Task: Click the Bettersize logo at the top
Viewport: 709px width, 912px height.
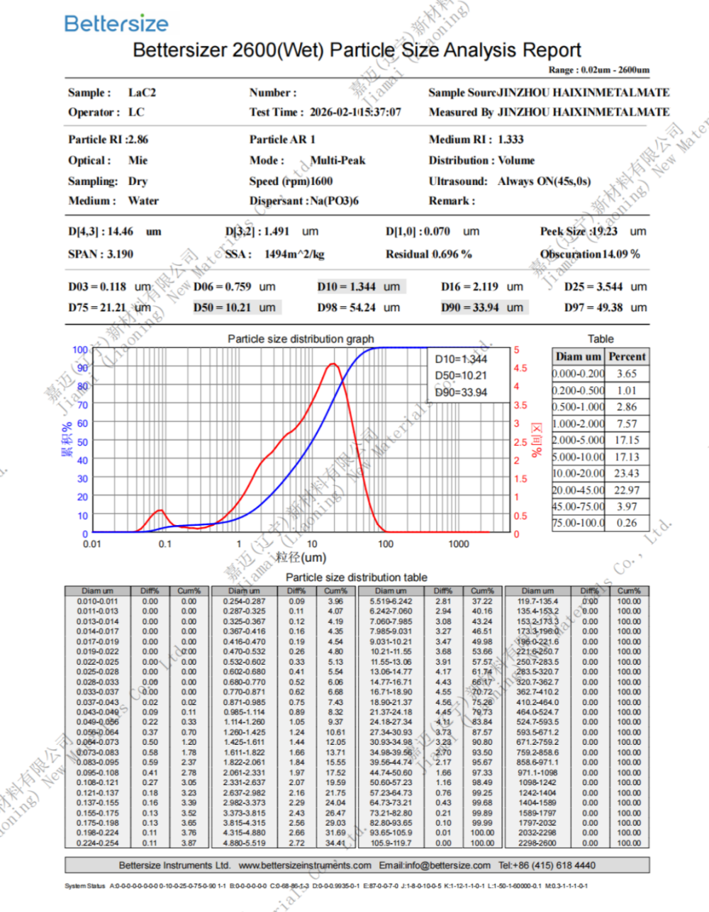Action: [x=116, y=23]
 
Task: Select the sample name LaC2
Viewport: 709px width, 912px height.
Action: [x=142, y=92]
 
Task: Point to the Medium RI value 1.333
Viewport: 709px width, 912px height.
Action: [x=510, y=140]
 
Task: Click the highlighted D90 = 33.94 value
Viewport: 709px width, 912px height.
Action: [x=482, y=308]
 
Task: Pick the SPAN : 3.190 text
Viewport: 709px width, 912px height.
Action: [x=101, y=254]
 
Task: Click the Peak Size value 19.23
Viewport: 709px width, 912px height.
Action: [x=604, y=231]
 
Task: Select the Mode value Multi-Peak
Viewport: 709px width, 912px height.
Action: [x=338, y=160]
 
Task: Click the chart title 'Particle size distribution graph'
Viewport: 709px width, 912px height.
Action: [x=301, y=339]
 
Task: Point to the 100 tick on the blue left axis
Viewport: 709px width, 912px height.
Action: [x=80, y=349]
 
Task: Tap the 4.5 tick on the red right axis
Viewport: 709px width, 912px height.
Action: [x=520, y=368]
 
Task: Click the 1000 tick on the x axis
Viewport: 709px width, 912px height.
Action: [x=458, y=544]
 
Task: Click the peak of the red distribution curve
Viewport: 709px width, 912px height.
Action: [x=332, y=364]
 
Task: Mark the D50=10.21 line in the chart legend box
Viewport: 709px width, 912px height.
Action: [x=461, y=376]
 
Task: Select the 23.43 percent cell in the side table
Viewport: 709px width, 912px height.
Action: [x=627, y=473]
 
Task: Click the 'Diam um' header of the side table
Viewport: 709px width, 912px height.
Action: [x=579, y=356]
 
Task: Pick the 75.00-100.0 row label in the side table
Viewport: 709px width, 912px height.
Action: [x=579, y=523]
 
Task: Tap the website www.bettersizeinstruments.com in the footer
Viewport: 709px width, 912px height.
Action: [x=305, y=865]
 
